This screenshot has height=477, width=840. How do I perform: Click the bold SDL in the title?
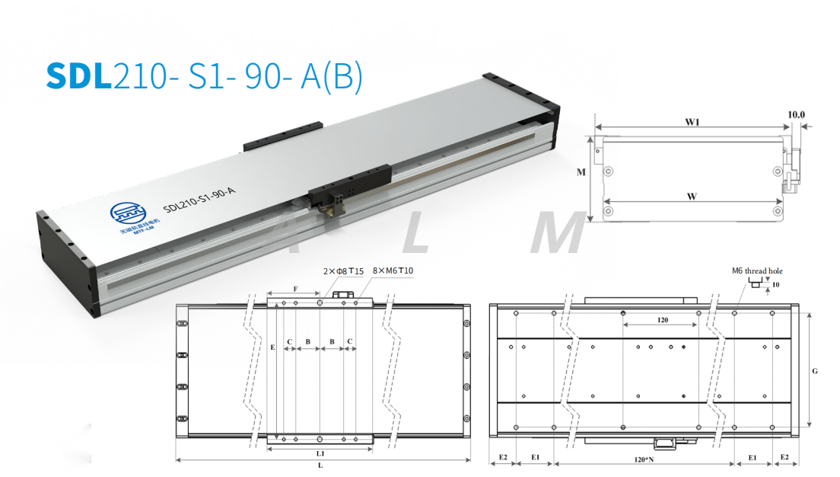point(78,75)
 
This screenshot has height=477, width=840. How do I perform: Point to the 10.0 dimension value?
point(796,115)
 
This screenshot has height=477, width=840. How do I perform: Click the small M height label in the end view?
point(581,172)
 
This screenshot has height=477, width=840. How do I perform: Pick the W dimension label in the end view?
point(692,196)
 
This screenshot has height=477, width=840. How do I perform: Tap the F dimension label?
point(295,290)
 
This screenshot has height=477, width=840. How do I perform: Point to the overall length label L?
point(320,465)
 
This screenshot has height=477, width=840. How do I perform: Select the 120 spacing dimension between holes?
point(662,321)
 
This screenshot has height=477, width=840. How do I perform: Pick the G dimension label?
point(815,371)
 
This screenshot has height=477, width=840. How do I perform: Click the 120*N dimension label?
point(644,459)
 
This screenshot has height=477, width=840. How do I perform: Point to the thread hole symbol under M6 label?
point(755,283)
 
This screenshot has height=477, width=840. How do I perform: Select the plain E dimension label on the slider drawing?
point(272,347)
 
